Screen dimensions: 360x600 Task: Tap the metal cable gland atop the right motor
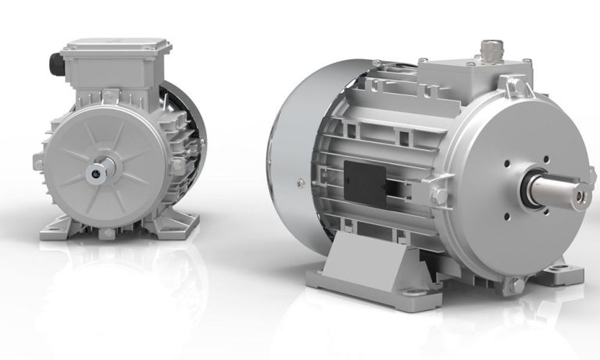tap(488, 48)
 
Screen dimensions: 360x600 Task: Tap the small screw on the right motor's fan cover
tap(300, 183)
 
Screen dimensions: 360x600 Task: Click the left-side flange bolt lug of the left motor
tap(38, 162)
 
